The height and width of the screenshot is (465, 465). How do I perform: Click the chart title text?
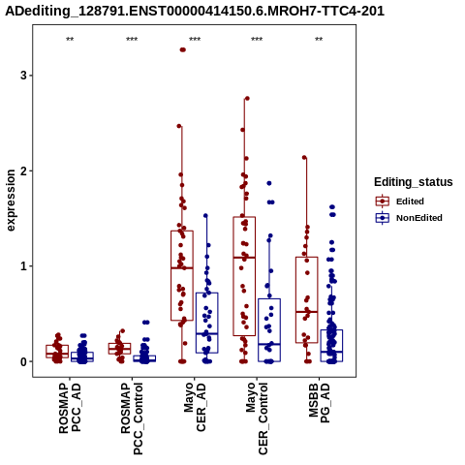[195, 11]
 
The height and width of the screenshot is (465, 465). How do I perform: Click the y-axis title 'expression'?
[11, 201]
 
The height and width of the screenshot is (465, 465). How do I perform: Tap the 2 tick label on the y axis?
[23, 170]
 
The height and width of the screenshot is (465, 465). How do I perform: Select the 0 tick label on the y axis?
[23, 361]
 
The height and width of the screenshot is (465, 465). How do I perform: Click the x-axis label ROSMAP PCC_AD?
[70, 408]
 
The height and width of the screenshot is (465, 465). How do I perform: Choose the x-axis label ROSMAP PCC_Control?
[132, 418]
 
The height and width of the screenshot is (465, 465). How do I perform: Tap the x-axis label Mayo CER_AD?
[195, 407]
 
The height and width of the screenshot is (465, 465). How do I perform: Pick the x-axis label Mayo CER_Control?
[257, 418]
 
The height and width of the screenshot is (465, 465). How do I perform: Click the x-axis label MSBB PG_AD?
[319, 403]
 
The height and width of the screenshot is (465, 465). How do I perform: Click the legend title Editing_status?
[414, 182]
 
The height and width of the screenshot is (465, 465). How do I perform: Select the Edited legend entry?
[400, 201]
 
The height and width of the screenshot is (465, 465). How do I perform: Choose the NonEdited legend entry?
[409, 218]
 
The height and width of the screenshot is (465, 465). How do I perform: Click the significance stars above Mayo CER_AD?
[195, 40]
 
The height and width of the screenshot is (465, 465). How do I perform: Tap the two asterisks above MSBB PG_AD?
[319, 40]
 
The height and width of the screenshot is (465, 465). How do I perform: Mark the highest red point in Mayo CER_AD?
[183, 49]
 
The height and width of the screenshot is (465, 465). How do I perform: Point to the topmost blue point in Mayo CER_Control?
[269, 183]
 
